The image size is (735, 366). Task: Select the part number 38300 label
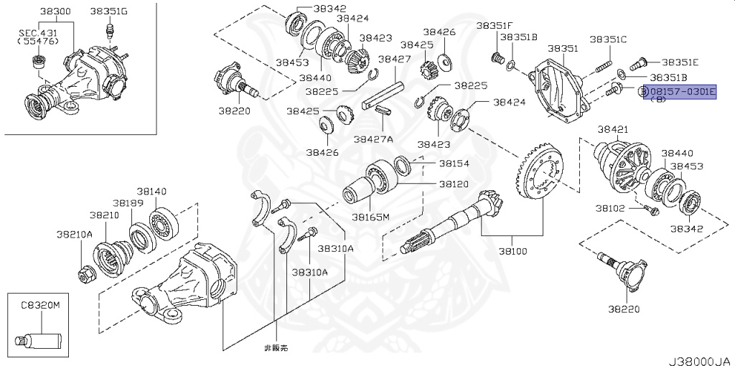tap(56, 11)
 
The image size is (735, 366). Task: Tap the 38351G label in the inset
tap(109, 11)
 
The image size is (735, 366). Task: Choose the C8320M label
tap(39, 305)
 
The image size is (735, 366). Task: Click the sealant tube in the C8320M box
tap(39, 337)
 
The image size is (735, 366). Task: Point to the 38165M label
tap(370, 216)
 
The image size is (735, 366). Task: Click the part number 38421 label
tap(613, 129)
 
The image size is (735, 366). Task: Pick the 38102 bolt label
tap(609, 208)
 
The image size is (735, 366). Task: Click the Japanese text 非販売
tap(276, 347)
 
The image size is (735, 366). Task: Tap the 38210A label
tap(75, 234)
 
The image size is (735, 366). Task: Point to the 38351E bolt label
tap(680, 62)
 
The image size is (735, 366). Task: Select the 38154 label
tap(454, 164)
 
